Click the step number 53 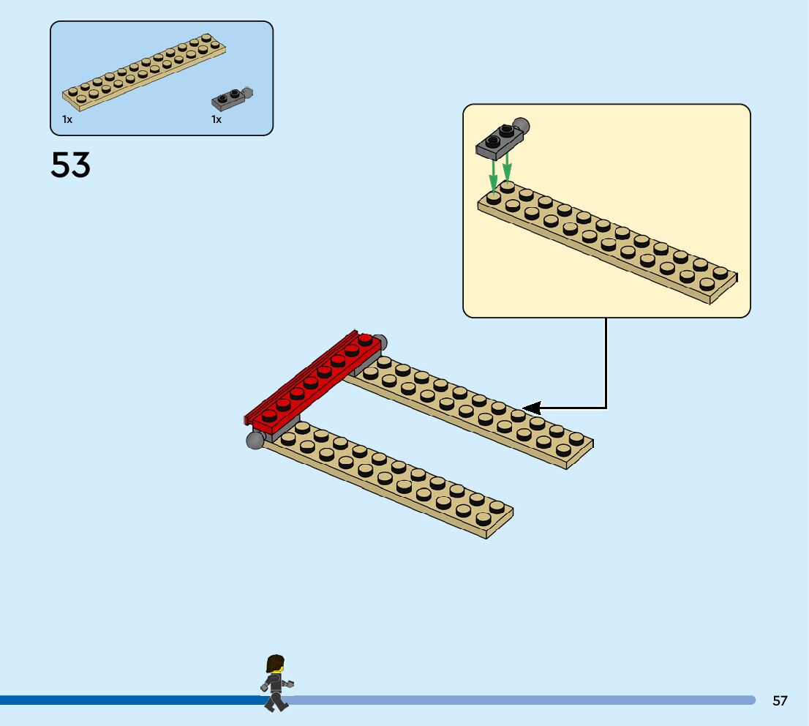(x=71, y=165)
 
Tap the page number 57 (x=780, y=701)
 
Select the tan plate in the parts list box (x=143, y=73)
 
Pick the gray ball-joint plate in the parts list (x=230, y=97)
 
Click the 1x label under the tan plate (x=67, y=119)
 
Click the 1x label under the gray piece (x=217, y=119)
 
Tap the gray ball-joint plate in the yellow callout (x=499, y=141)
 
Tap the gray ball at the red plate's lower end (x=255, y=441)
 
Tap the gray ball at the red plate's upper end (x=379, y=343)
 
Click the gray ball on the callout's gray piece (x=520, y=125)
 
